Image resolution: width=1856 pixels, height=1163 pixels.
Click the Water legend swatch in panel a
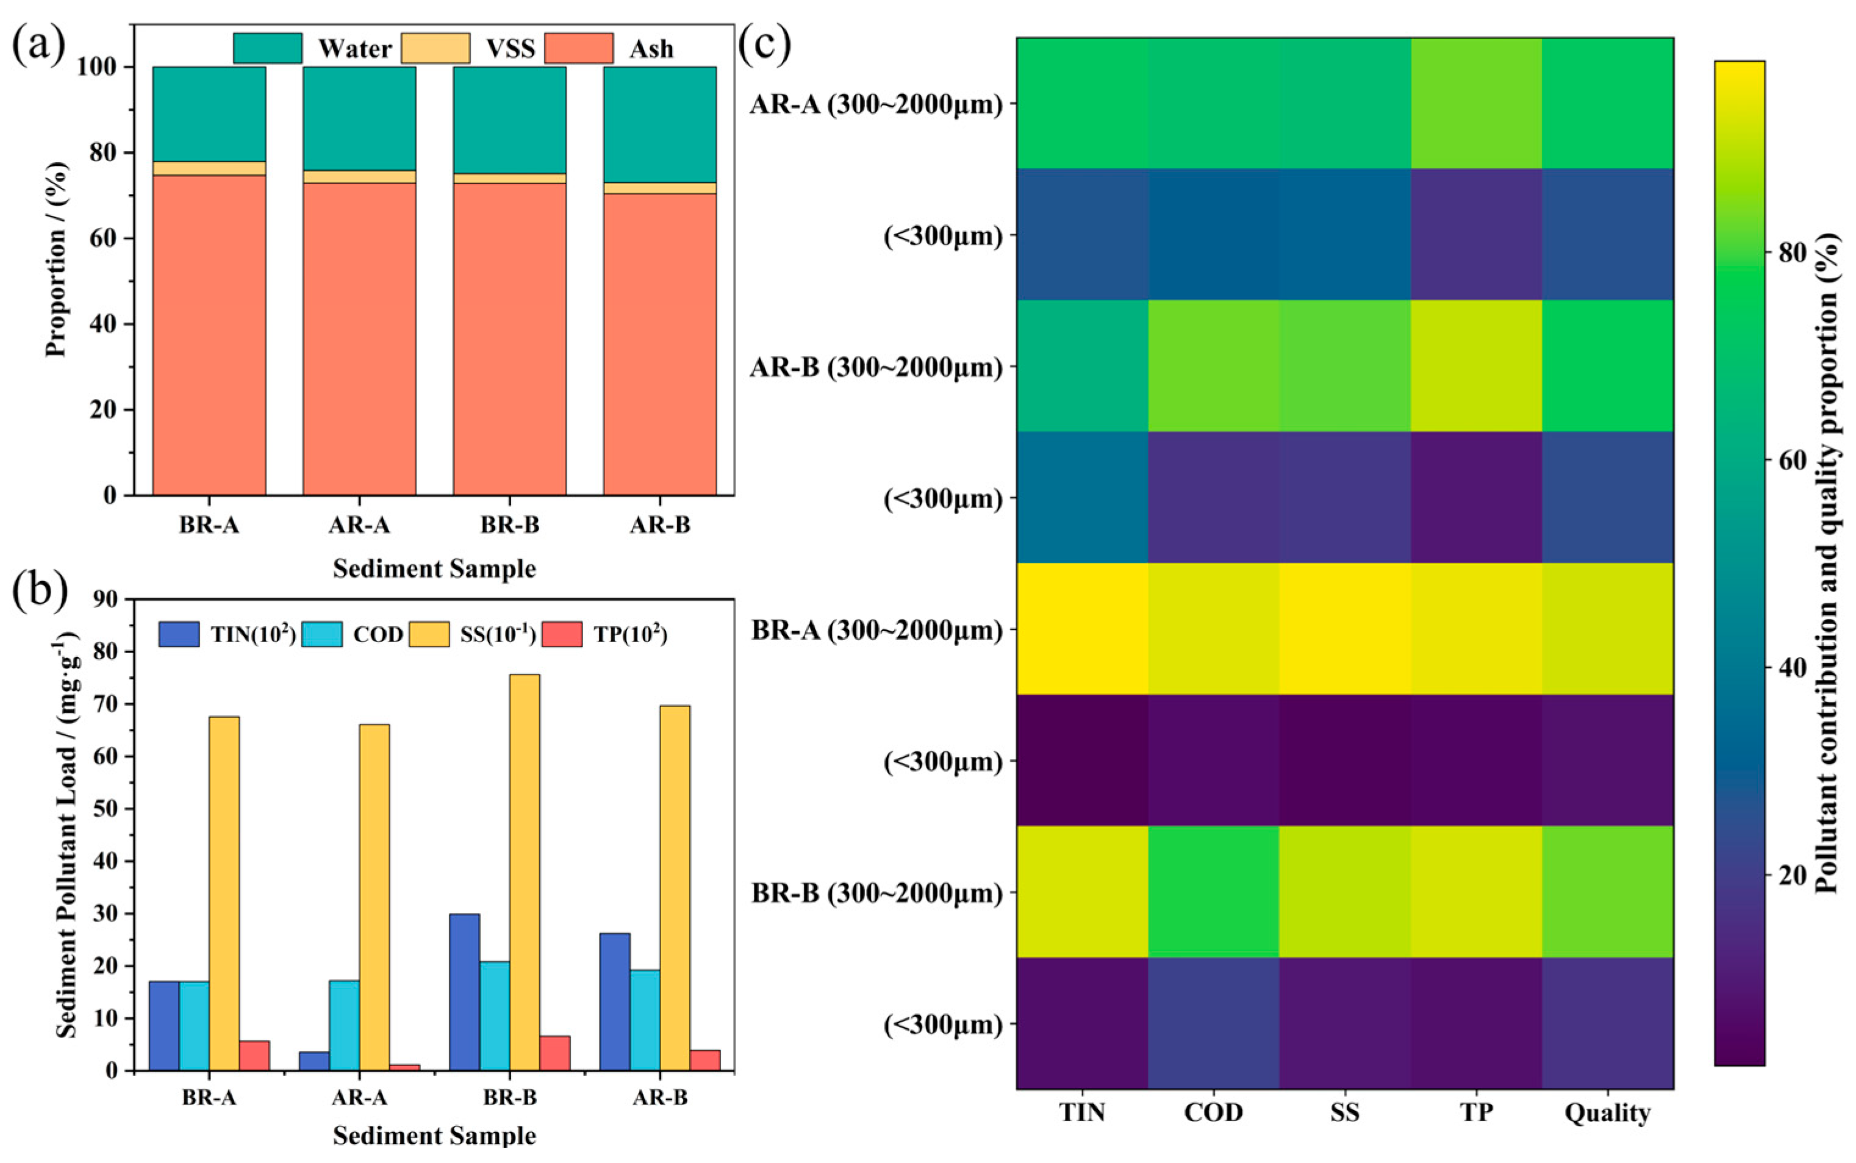click(x=267, y=48)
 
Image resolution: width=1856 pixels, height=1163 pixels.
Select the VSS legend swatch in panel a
click(x=435, y=48)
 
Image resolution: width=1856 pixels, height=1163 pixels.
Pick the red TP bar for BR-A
click(x=254, y=1055)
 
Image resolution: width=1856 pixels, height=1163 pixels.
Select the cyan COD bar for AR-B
click(x=645, y=1019)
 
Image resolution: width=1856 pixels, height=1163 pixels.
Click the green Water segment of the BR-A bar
click(x=209, y=114)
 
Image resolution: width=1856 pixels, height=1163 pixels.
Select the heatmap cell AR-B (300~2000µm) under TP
click(x=1476, y=366)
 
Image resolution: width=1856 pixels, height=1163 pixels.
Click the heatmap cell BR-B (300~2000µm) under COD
click(x=1214, y=892)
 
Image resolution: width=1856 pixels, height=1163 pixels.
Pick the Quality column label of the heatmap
click(x=1608, y=1113)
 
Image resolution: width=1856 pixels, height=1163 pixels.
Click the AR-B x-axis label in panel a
click(x=660, y=525)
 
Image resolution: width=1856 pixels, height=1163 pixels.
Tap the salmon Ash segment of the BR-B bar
click(x=509, y=338)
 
